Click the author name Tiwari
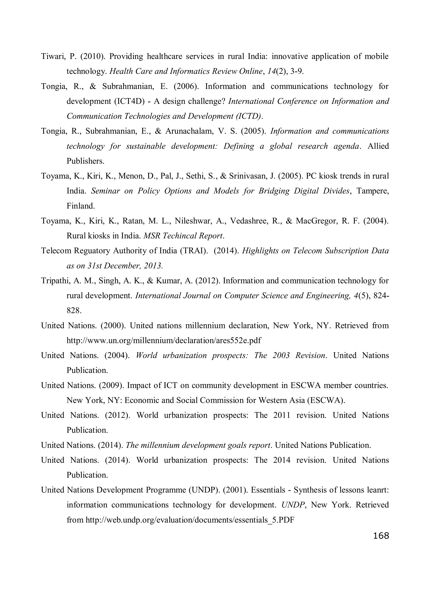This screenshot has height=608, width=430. [51, 56]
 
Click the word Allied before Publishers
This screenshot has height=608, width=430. [378, 146]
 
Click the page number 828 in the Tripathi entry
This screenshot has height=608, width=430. [74, 311]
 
